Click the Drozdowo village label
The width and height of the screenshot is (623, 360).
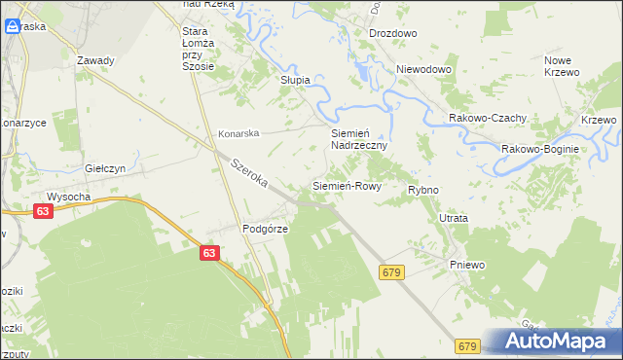392,33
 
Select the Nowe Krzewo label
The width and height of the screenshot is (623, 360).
562,66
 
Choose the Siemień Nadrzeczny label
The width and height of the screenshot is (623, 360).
359,138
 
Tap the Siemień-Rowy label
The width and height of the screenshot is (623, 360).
346,185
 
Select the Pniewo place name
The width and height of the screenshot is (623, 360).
466,265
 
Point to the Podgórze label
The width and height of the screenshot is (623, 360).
262,230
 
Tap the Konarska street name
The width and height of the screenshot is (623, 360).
238,133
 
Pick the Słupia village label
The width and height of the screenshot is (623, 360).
295,80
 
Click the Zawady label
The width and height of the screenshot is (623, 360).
95,60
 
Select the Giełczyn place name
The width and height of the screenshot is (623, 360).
107,168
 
